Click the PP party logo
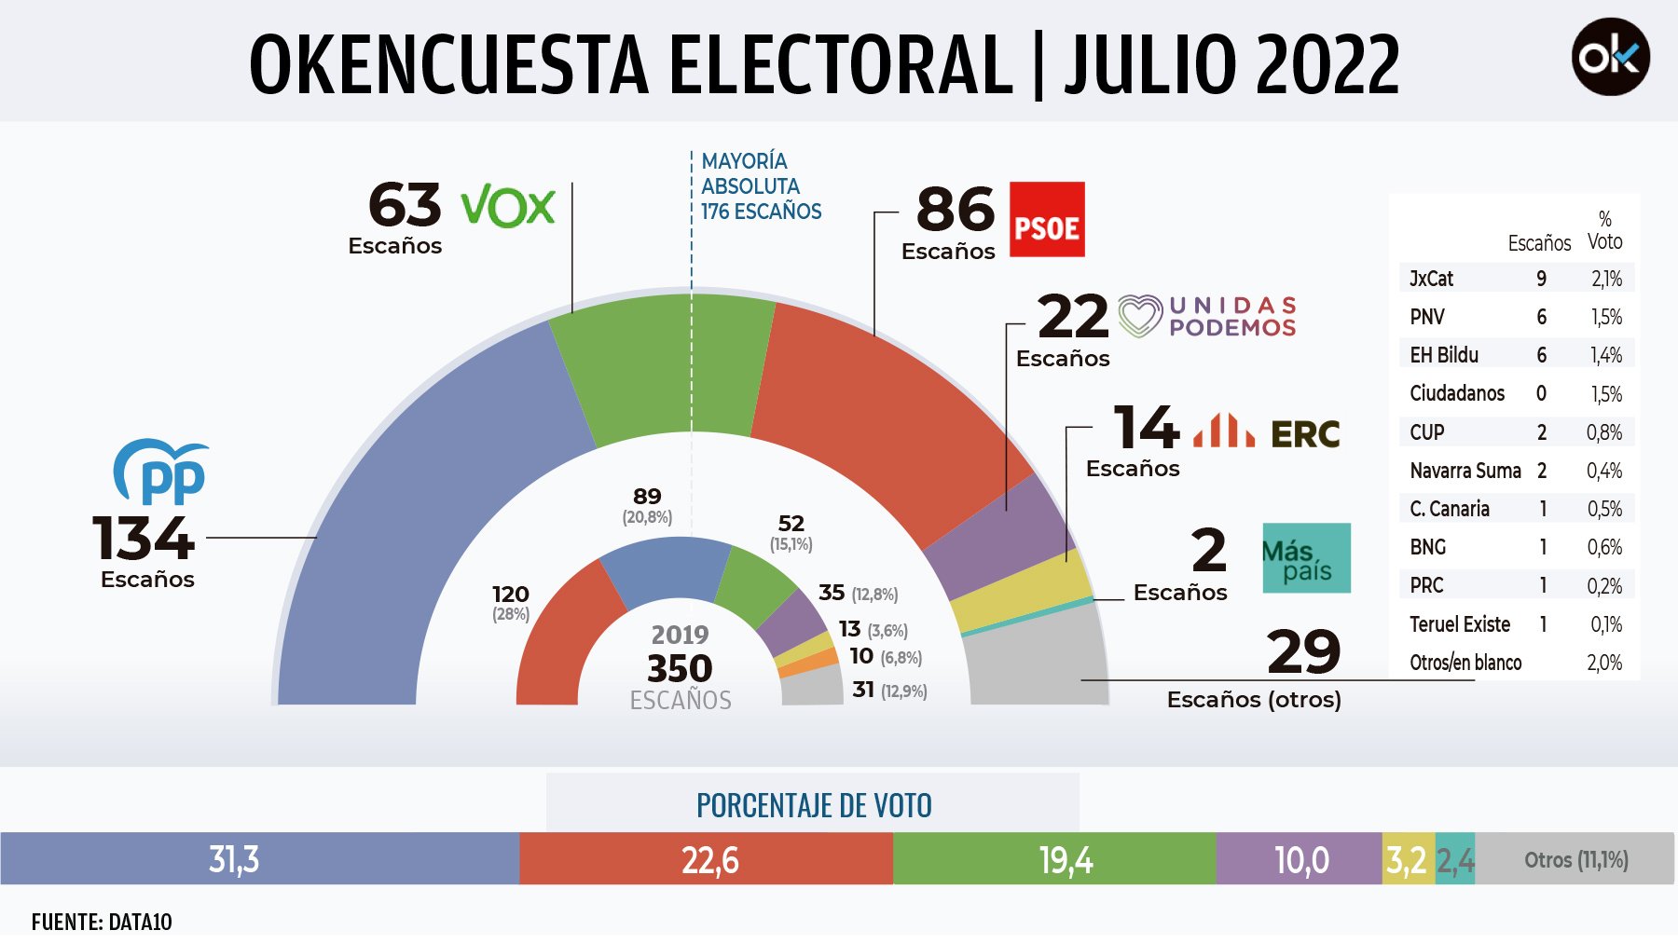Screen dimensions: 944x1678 click(x=161, y=472)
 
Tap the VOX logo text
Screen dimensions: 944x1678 click(x=508, y=206)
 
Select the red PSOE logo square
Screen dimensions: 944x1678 click(x=1047, y=219)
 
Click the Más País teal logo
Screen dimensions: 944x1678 click(x=1306, y=558)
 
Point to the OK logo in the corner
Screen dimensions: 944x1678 click(x=1610, y=57)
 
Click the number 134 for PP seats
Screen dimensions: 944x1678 click(x=144, y=539)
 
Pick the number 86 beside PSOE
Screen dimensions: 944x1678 click(x=956, y=209)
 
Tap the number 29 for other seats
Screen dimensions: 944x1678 click(x=1303, y=651)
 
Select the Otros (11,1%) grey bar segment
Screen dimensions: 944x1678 click(x=1575, y=859)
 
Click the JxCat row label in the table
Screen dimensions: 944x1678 click(x=1431, y=279)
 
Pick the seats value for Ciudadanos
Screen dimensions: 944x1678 click(x=1541, y=393)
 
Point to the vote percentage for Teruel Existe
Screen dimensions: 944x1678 click(x=1606, y=624)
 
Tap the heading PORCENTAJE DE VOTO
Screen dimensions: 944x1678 click(x=814, y=805)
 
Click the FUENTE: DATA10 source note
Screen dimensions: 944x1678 click(x=102, y=922)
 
